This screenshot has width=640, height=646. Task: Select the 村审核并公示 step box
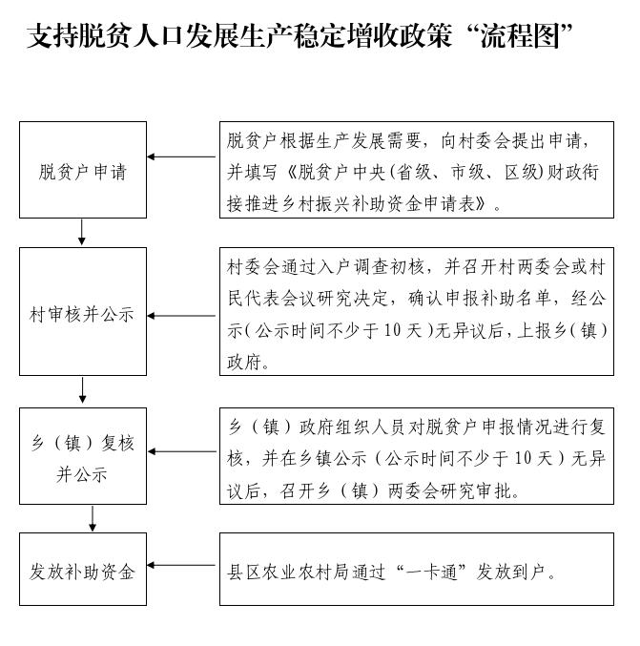pos(83,312)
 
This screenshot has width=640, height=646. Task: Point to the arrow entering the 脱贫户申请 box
pos(181,156)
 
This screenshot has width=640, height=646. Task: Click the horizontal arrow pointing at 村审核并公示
pos(181,316)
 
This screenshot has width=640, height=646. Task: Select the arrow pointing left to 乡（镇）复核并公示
pos(181,451)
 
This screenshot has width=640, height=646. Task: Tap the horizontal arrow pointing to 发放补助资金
pos(181,566)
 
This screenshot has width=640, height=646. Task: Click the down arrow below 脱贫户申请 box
pos(83,232)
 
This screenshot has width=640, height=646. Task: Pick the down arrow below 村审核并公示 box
pos(83,390)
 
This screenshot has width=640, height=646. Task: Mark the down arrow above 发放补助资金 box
pos(93,518)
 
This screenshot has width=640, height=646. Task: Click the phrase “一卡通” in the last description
pos(433,573)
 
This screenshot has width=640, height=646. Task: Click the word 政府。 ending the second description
pos(250,363)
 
